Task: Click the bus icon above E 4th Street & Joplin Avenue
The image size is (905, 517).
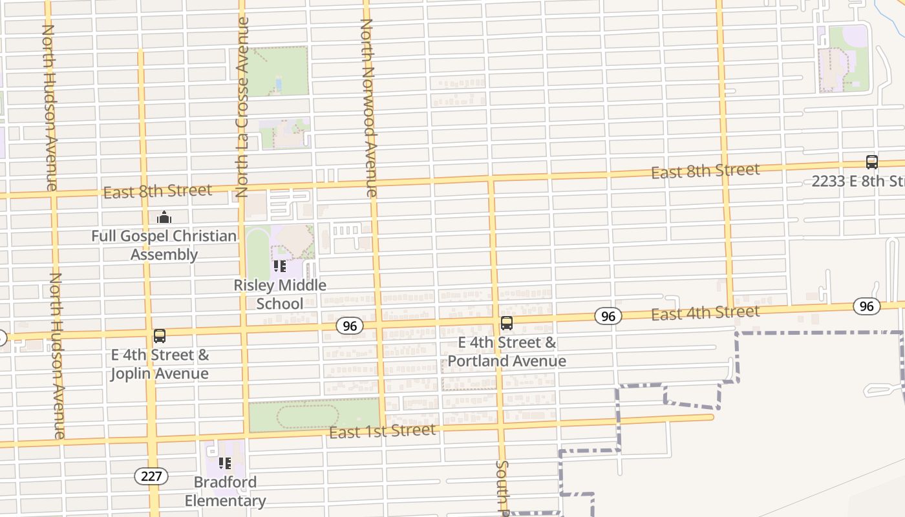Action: coord(159,336)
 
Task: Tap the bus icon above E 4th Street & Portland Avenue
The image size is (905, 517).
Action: coord(507,323)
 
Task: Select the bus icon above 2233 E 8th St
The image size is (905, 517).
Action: coord(871,162)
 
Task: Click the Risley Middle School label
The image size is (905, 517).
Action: coord(280,294)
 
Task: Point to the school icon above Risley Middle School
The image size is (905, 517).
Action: coord(280,266)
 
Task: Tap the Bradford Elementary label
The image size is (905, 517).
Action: coord(225,491)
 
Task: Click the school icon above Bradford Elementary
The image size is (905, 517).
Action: coord(225,463)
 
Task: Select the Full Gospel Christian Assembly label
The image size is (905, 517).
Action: coord(164,245)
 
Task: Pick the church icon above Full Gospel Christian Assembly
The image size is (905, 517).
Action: coord(164,217)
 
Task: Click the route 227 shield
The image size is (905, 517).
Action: coord(151,476)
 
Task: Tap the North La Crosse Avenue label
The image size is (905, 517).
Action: coord(242,107)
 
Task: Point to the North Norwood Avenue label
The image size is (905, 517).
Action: coord(368,107)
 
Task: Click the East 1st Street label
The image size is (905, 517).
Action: coord(382,431)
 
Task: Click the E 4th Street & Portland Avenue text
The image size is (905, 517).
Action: coord(507,352)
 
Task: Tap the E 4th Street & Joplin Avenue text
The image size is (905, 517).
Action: coord(159,364)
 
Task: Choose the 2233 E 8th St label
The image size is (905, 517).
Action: coord(858,181)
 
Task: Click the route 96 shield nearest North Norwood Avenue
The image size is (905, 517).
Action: coord(349,326)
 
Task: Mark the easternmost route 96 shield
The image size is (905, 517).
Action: coord(866,306)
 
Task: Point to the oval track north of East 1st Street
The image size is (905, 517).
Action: coord(308,416)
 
